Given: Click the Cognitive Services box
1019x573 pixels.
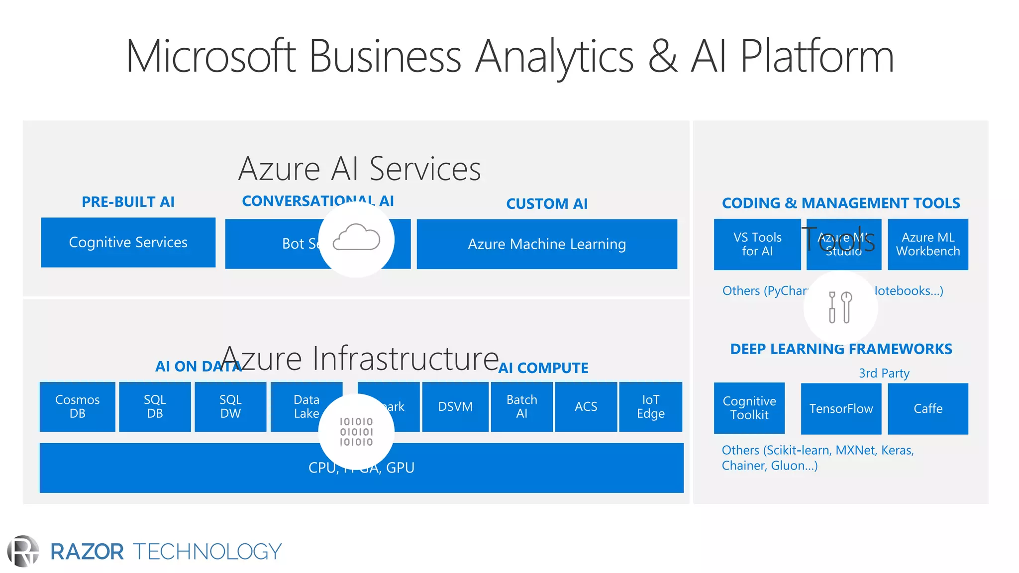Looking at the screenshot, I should pos(128,242).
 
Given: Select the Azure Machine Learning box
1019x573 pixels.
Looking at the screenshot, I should pos(547,244).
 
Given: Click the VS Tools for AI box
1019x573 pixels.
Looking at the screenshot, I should pos(757,244).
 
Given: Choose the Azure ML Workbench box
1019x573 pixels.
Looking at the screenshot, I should pos(928,244).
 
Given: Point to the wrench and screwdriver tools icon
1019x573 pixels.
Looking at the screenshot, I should pos(840,307).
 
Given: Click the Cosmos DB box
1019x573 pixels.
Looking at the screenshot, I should pos(77,406).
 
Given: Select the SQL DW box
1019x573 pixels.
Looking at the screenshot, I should pos(230,406).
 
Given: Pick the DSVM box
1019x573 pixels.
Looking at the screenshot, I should pos(455,406).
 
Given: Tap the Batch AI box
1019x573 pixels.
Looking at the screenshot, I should pos(521,406).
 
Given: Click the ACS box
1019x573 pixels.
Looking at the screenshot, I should pos(586,406).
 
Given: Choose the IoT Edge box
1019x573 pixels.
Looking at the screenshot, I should pos(650,406).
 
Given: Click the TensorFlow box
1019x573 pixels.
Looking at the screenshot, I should pos(841,408).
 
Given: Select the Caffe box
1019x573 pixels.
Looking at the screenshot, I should pos(928,408).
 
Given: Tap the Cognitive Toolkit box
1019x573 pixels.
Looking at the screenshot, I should pos(749,408).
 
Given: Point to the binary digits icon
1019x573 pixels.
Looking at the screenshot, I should pos(356,432).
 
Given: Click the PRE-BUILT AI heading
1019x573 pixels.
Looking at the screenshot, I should pos(128,202).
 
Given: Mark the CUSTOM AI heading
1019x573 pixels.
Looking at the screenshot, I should pos(547,204).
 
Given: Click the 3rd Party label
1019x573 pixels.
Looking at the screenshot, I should pos(884,373).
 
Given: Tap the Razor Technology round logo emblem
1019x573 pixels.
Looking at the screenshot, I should pos(23,551).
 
